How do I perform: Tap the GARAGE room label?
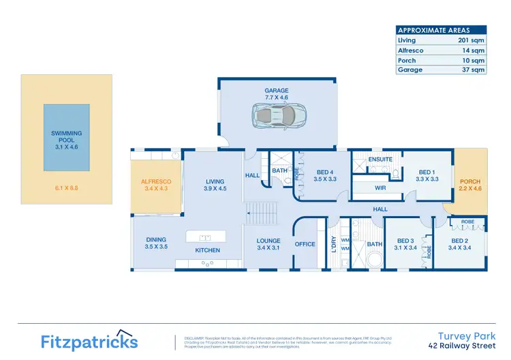[x=277, y=91]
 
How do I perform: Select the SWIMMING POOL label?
[x=66, y=138]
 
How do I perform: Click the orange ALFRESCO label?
[x=156, y=181]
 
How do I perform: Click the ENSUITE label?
[x=380, y=159]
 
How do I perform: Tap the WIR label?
[x=381, y=187]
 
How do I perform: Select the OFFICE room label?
[x=305, y=244]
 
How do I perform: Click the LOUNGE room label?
[x=268, y=241]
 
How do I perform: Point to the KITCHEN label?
[x=208, y=251]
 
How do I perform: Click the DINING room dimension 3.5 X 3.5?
[x=156, y=247]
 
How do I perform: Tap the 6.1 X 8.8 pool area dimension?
[x=65, y=187]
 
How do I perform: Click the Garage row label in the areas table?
[x=410, y=70]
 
